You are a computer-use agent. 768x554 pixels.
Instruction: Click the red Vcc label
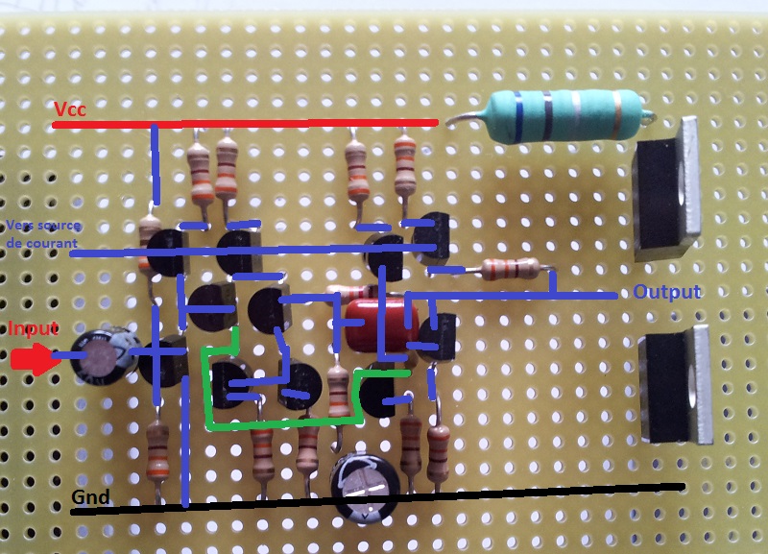tap(70, 109)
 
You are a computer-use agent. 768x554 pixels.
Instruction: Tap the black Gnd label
tap(91, 497)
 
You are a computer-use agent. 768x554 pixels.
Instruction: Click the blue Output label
tap(666, 292)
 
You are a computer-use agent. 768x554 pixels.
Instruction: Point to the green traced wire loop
tap(278, 421)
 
